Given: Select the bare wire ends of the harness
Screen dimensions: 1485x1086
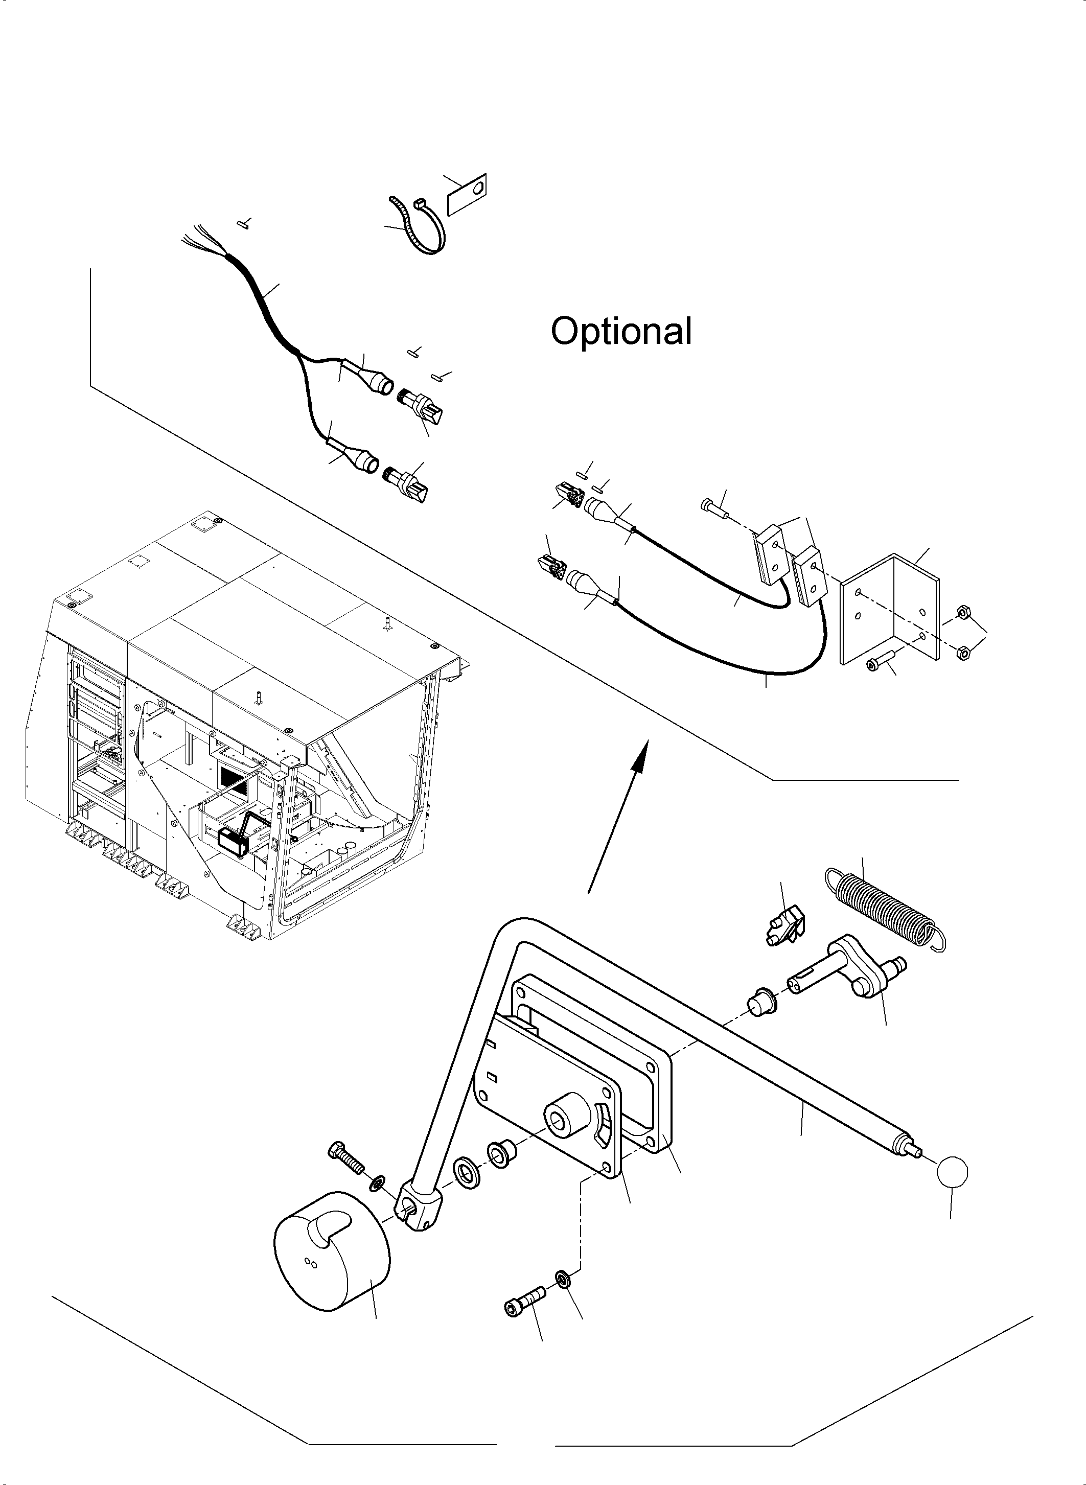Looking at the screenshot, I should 200,241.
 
